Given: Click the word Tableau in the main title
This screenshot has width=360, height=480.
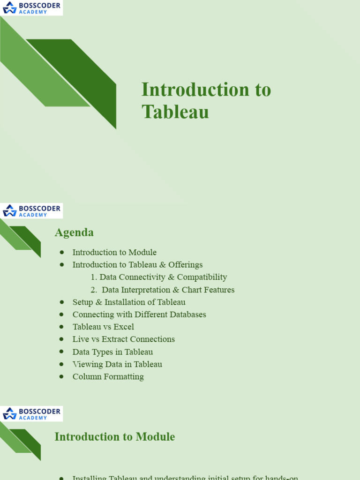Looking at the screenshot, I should coord(175,112).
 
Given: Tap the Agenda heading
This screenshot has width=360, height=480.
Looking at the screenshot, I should coord(74,232).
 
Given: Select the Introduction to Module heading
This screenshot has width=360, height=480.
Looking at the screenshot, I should coord(114,437).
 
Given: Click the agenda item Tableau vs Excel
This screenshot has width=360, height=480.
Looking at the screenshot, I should coord(103,327).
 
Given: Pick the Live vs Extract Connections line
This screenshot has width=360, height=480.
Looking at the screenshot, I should coord(123,339).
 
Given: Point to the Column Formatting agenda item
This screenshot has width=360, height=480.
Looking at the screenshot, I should coord(108,376).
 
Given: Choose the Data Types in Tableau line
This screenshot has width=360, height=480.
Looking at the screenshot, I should coord(112,352).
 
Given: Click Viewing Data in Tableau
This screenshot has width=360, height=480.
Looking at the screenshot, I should coord(117,364).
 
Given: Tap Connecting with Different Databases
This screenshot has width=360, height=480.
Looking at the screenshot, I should coord(139,315).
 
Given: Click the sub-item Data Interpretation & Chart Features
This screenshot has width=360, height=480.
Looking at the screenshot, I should coord(168,290).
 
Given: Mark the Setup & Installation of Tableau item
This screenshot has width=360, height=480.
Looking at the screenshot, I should coord(129,302).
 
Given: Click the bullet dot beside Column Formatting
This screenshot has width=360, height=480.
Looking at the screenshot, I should coord(61,376).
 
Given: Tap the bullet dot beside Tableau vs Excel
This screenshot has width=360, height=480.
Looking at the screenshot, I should coord(61,327).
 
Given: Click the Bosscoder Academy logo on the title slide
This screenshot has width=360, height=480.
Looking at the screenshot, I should coord(31,7).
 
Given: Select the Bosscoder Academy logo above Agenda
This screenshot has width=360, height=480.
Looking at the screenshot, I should coord(31,211).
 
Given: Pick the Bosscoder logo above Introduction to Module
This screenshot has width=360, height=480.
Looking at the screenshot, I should coord(31,414).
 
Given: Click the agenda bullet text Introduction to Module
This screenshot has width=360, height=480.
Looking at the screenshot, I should coord(114,252).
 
